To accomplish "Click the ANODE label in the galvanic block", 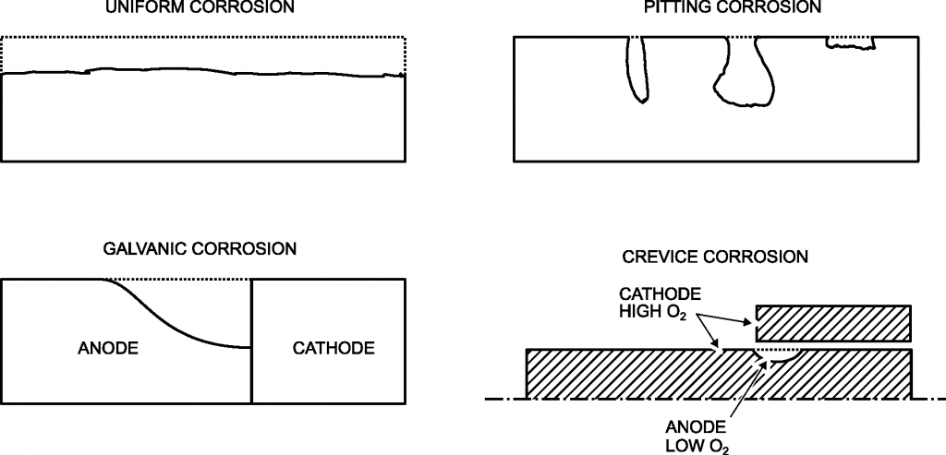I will point(108,348).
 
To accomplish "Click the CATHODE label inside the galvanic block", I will point(334,348).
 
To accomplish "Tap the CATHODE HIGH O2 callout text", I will point(660,303).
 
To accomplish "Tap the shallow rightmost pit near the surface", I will point(850,42).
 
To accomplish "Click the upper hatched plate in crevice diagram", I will point(834,323).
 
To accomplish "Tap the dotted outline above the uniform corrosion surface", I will point(203,37).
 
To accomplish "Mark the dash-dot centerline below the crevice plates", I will point(503,400).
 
